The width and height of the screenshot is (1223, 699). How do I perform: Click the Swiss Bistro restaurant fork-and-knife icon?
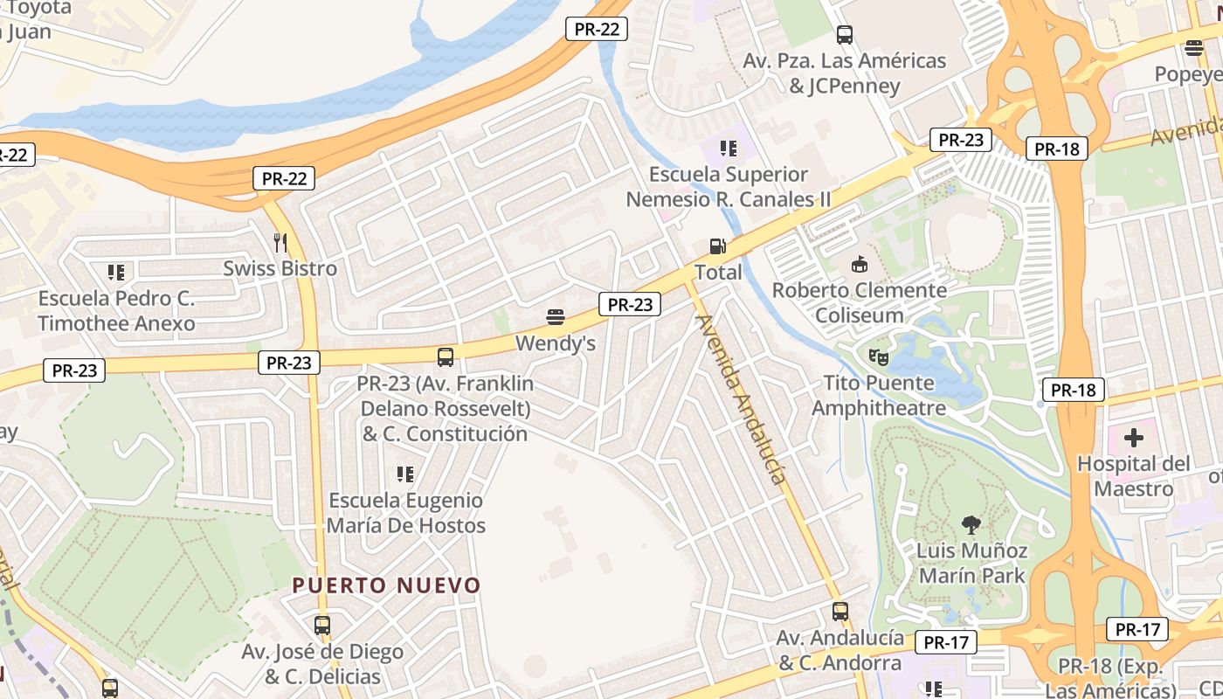pos(280,242)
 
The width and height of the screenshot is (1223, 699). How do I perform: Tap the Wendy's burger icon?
pos(555,316)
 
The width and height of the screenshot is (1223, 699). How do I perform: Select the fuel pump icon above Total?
pos(717,246)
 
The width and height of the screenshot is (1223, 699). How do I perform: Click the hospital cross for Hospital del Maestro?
pos(1133,437)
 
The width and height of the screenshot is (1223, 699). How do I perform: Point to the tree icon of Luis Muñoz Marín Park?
pos(971,524)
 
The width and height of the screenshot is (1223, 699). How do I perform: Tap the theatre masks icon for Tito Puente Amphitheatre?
pos(878,356)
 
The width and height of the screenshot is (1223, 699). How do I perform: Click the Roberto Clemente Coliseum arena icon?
pos(860,263)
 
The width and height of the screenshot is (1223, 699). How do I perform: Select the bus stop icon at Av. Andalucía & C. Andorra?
pos(840,612)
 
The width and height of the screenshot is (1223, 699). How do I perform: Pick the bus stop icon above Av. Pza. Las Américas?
pos(844,35)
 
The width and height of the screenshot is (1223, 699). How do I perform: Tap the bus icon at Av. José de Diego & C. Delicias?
pos(321,626)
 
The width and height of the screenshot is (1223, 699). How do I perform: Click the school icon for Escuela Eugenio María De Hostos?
pos(405,474)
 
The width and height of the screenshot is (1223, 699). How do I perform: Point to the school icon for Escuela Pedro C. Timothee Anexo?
pos(115,273)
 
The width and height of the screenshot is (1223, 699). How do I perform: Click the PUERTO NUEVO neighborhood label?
pos(386,585)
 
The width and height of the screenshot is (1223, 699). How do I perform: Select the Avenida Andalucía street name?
pos(741,398)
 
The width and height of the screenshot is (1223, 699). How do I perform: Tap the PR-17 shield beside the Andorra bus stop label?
pos(946,643)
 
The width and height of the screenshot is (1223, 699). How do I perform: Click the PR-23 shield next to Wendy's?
pos(630,304)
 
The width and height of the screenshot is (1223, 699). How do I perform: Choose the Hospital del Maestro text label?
pos(1133,475)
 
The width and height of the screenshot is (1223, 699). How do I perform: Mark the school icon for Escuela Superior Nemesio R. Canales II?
pos(728,149)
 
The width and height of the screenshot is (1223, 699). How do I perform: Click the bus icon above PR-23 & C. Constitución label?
pos(445,356)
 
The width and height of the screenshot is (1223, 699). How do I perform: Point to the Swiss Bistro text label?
pos(280,268)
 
